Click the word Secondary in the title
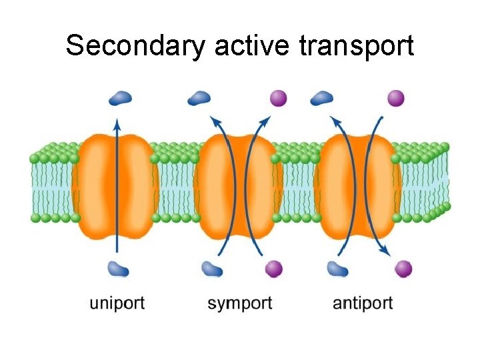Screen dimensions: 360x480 137,47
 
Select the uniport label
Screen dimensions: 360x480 117,303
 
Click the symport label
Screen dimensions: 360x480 240,303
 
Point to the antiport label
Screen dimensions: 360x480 363,303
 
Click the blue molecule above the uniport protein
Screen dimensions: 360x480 120,99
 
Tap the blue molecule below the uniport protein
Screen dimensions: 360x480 119,269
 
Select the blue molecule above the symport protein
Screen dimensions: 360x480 199,99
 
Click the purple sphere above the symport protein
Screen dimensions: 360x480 278,99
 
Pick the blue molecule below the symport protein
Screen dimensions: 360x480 212,269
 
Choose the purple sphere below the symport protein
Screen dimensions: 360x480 273,269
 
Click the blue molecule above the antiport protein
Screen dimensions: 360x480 322,99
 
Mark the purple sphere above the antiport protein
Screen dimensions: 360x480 396,99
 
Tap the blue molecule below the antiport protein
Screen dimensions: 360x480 337,269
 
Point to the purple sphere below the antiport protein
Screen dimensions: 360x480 403,269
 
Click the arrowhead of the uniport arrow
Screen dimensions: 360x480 117,123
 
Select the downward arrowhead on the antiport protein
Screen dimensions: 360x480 385,251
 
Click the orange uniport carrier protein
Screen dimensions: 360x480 117,187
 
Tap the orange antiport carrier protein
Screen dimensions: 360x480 357,187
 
